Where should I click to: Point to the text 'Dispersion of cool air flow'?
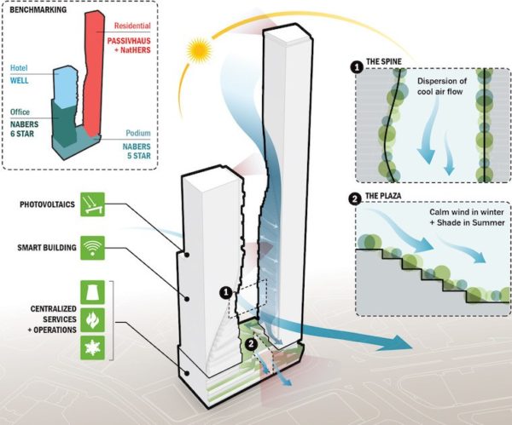coord(442,89)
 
